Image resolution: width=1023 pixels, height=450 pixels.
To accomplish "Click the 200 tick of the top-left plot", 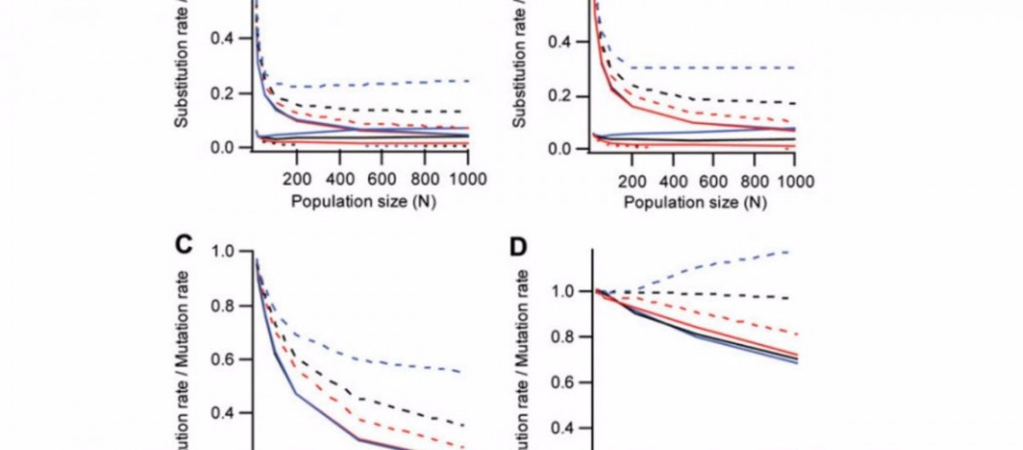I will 297,179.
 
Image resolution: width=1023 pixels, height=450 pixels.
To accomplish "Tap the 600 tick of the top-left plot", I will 381,179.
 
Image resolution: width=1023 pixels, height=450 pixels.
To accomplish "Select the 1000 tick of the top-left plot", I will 468,179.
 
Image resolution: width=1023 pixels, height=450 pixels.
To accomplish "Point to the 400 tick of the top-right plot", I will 674,182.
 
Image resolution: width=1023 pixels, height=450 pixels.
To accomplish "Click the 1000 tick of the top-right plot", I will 794,182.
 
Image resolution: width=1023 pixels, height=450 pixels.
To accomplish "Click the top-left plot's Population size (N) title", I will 363,201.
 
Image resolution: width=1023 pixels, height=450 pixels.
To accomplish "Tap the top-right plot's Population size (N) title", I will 695,202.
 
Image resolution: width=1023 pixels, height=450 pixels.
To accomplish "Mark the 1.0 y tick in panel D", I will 565,291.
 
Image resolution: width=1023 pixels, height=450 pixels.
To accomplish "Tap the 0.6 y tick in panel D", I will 565,382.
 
